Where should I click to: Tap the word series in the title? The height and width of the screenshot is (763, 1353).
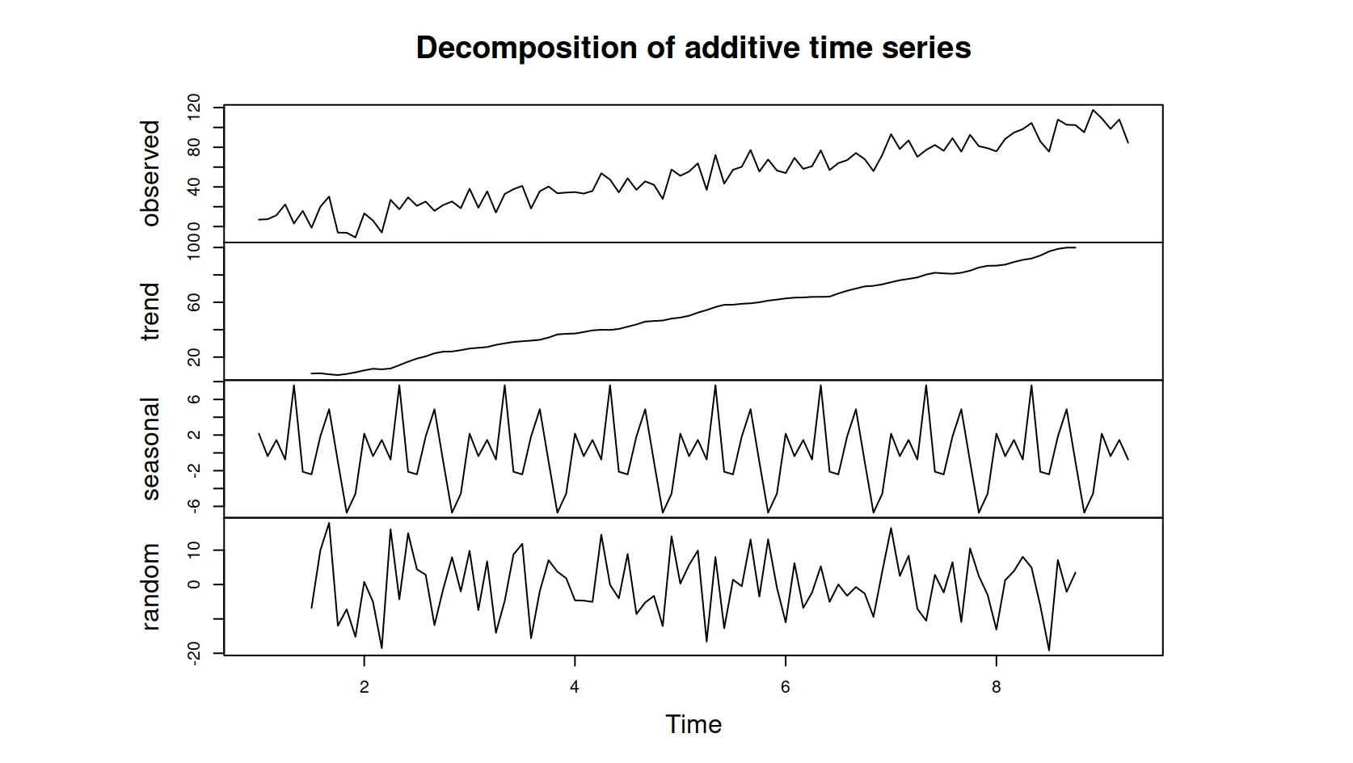(929, 48)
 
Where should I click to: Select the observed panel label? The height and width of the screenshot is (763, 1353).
(150, 173)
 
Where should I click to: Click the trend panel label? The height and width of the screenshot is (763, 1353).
(150, 311)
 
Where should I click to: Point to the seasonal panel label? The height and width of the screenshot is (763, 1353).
(150, 449)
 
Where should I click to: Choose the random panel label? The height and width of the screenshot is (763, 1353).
(150, 586)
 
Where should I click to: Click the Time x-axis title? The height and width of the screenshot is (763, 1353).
(693, 724)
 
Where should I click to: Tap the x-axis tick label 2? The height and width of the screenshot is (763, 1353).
(365, 687)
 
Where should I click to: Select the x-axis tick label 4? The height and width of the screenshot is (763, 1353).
(575, 687)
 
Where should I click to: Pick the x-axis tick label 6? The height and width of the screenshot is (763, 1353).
(786, 687)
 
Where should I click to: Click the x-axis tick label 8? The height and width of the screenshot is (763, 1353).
(996, 687)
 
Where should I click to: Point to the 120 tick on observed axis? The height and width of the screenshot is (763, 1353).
(194, 107)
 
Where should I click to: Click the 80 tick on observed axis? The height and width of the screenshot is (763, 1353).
(194, 147)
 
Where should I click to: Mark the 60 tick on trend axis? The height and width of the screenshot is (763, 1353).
(194, 302)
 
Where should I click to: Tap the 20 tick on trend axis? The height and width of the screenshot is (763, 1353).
(194, 357)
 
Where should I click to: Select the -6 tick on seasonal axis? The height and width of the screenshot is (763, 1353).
(194, 506)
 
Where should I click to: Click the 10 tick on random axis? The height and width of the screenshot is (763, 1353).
(194, 550)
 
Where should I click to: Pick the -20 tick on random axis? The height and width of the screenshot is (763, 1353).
(194, 653)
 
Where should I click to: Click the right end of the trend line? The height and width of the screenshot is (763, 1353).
(1075, 247)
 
